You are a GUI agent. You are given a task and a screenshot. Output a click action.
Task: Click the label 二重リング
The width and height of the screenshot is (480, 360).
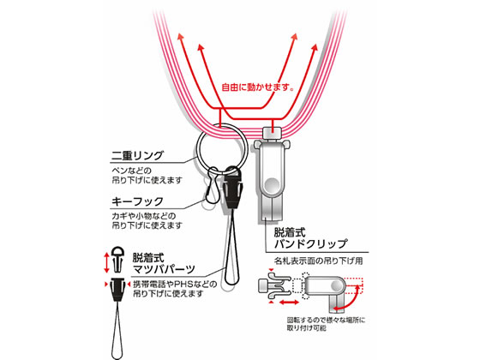pyautogui.click(x=137, y=156)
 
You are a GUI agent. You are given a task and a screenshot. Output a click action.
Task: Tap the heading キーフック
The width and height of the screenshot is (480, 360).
pyautogui.click(x=137, y=201)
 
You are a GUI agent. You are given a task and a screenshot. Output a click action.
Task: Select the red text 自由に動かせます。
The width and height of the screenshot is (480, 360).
pyautogui.click(x=258, y=87)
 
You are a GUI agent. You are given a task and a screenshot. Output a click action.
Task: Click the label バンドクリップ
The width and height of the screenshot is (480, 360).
pyautogui.click(x=310, y=243)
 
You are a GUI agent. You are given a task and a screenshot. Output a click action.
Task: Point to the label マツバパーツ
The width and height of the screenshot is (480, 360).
pyautogui.click(x=164, y=269)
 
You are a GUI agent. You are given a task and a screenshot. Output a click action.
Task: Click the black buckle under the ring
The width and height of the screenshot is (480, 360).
pyautogui.click(x=232, y=189)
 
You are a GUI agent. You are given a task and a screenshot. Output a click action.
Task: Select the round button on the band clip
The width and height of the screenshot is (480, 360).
pyautogui.click(x=272, y=185)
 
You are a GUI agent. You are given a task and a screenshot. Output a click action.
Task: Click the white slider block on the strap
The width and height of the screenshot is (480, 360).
pyautogui.click(x=273, y=133)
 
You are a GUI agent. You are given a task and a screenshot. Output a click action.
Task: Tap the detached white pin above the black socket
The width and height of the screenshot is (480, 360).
pyautogui.click(x=118, y=259)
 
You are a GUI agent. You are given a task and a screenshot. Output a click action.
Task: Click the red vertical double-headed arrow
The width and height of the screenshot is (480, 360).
pyautogui.click(x=106, y=262)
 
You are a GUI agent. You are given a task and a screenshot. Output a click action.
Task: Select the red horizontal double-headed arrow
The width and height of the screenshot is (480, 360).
pyautogui.click(x=289, y=303)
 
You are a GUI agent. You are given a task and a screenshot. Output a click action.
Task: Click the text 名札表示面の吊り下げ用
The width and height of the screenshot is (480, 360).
pyautogui.click(x=318, y=261)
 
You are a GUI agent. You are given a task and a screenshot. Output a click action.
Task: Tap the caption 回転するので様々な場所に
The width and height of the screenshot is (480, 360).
pyautogui.click(x=326, y=321)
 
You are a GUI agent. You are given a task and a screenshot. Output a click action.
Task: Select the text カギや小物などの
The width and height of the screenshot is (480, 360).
pyautogui.click(x=144, y=216)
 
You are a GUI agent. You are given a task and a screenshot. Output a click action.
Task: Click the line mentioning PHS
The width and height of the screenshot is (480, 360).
pyautogui.click(x=175, y=284)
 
